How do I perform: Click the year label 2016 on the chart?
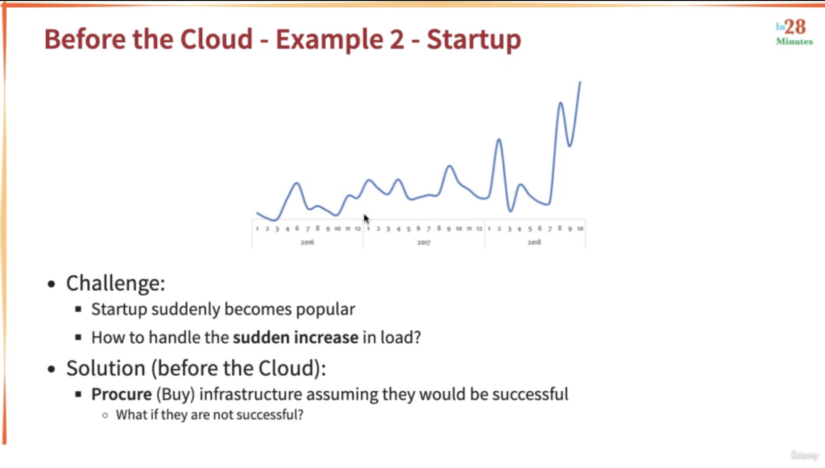pos(307,242)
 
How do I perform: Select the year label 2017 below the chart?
pos(424,242)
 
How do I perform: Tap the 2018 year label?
pos(534,242)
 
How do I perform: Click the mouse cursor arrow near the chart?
pos(366,219)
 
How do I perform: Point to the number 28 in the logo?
pos(795,27)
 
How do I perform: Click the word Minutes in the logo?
pos(794,42)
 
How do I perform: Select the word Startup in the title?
pos(474,39)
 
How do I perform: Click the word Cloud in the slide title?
pos(216,39)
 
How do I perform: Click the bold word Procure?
pos(121,394)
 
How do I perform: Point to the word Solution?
pos(106,368)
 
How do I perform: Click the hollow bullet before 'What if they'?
pos(105,416)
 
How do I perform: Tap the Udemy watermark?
pos(805,455)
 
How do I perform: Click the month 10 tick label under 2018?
pos(580,229)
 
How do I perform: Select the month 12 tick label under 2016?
pos(358,229)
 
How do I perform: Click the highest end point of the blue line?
pos(580,82)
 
